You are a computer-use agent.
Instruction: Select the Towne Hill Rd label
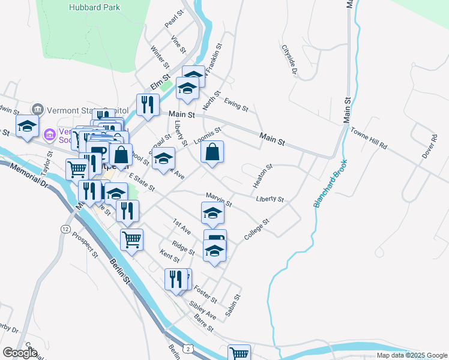[x=369, y=138]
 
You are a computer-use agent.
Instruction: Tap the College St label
[x=258, y=230]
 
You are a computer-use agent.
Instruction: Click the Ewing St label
[x=237, y=105]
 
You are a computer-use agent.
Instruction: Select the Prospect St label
[x=85, y=244]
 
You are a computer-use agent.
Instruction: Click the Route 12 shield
[x=65, y=229]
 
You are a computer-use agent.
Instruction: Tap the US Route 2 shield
[x=188, y=349]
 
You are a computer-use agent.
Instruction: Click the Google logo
[x=20, y=352]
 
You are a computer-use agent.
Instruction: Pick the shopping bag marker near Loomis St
[x=212, y=152]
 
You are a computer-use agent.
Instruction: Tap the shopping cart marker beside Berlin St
[x=131, y=240]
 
